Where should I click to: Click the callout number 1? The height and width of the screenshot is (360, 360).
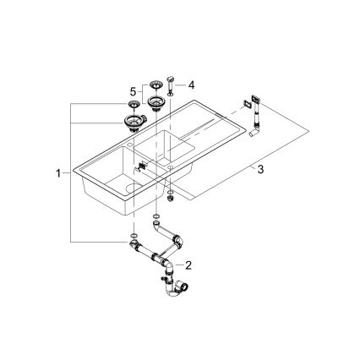[x=58, y=173]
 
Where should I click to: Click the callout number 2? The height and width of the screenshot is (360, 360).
[x=189, y=265]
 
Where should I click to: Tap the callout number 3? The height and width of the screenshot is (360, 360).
[x=261, y=170]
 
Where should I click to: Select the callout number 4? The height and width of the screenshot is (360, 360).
[x=190, y=85]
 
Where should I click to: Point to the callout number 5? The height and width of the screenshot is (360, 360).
[x=132, y=90]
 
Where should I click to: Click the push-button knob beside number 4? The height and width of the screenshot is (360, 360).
[x=172, y=84]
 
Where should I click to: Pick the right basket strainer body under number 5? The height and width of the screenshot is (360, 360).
[x=155, y=103]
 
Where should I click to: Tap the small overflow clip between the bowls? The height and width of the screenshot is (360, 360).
[x=141, y=166]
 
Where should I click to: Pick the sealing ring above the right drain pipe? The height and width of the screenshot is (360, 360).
[x=157, y=217]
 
